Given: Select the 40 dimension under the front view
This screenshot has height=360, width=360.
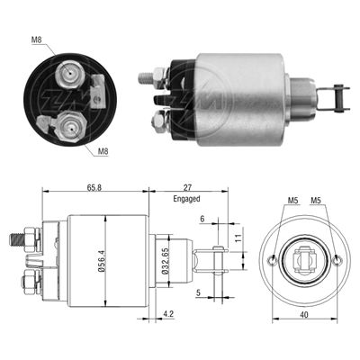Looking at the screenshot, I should [304, 315].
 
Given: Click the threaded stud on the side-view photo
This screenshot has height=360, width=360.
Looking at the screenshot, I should [145, 78].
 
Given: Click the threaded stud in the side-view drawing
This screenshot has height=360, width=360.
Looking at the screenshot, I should [19, 239].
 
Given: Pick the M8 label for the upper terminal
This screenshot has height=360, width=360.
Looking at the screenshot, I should [36, 40].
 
